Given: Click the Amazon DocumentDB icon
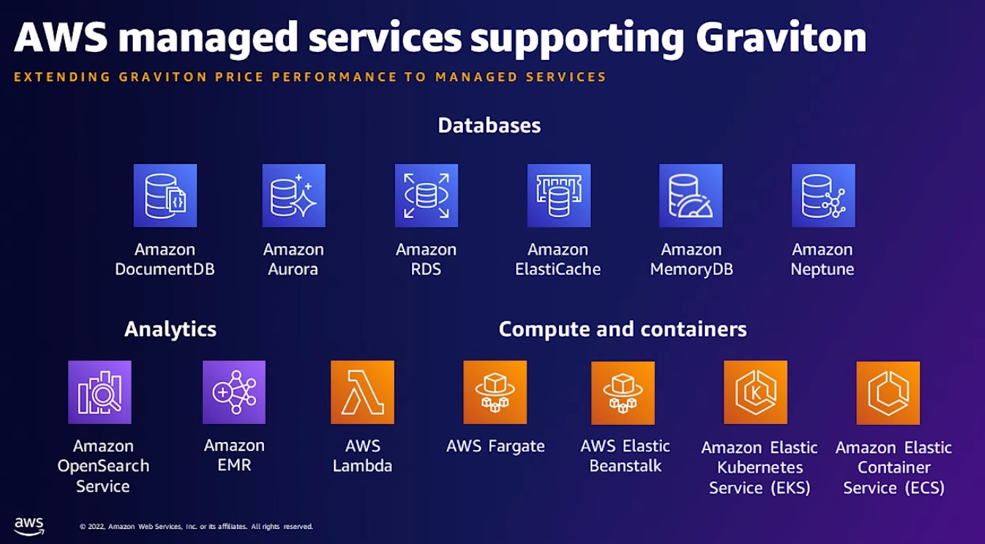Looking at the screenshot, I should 165,195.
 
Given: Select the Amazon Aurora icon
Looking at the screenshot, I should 294,195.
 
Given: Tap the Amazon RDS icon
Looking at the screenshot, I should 426,195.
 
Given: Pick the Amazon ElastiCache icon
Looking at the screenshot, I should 558,195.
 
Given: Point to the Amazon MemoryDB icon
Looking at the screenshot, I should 691,195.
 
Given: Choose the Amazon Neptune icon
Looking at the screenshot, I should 823,195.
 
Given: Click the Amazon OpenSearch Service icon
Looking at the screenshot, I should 100,392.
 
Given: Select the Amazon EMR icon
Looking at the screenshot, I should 234,392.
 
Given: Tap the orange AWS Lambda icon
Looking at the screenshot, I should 362,392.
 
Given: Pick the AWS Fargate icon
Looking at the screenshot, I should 495,392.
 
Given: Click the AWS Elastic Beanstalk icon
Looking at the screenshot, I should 623,392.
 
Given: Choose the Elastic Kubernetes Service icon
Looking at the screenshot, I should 756,392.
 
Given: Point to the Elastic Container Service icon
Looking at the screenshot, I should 888,392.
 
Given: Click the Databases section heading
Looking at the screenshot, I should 490,125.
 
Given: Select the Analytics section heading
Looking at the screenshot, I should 170,329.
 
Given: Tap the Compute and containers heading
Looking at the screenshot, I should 623,329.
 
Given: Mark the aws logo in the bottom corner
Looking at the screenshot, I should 29,525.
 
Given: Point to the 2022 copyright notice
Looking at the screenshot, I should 195,527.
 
